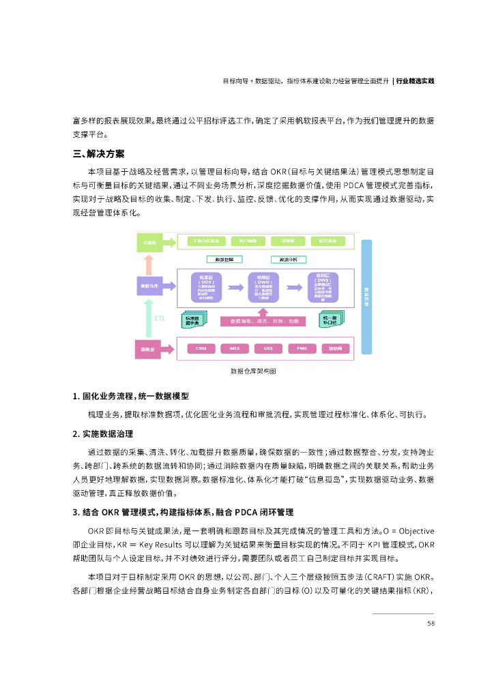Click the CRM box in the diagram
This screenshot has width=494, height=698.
click(201, 348)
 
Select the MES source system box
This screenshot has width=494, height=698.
click(234, 348)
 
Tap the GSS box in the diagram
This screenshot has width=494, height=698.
click(268, 348)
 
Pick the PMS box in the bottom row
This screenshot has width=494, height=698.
click(302, 348)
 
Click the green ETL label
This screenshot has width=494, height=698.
click(160, 318)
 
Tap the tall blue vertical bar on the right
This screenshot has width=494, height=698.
click(366, 297)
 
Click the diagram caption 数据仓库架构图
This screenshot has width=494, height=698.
click(253, 371)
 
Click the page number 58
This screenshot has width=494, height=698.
click(431, 623)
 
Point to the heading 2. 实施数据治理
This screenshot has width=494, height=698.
click(103, 434)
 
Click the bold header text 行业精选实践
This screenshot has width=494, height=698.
click(416, 80)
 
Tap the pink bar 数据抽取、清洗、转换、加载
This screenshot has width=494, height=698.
click(265, 320)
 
